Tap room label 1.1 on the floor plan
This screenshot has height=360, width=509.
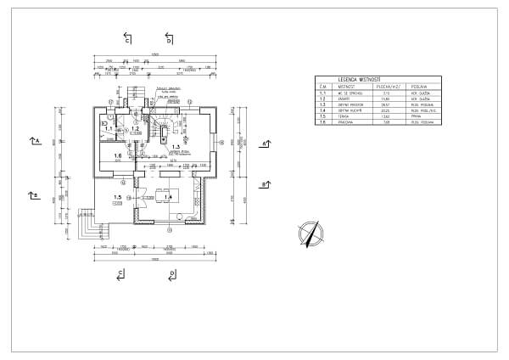(x=109, y=129)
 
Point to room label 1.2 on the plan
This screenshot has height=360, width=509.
(x=134, y=129)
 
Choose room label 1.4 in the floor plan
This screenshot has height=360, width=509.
(x=168, y=197)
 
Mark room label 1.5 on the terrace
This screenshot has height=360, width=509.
(x=117, y=197)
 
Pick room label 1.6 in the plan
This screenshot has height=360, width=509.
(x=118, y=156)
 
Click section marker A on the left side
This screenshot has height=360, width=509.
(x=34, y=140)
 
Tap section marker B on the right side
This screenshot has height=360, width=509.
(x=265, y=184)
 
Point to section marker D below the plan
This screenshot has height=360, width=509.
(x=171, y=273)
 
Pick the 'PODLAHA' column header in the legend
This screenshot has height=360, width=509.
(x=419, y=86)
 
